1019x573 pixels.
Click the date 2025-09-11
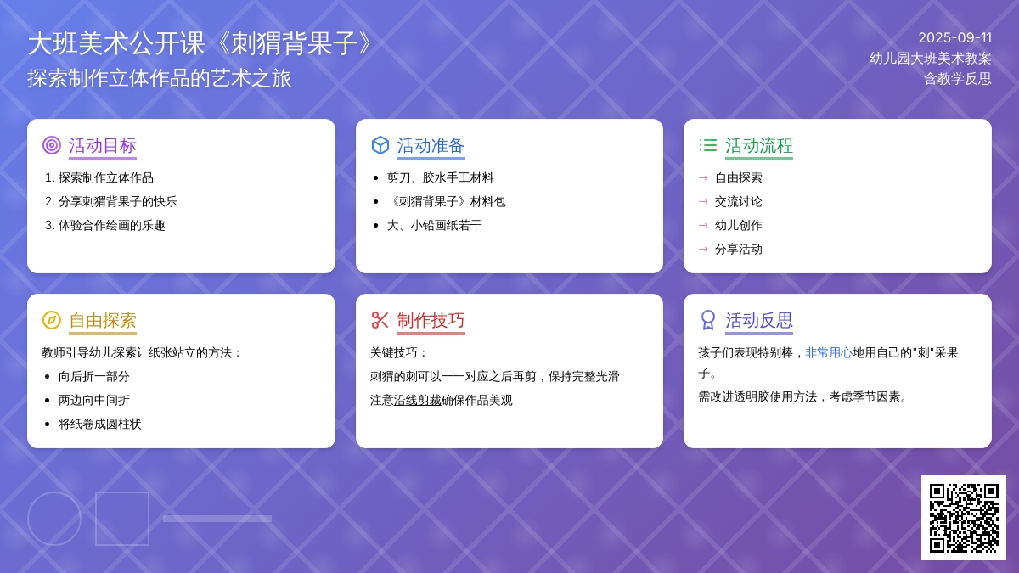tap(954, 37)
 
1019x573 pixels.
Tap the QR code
tap(964, 518)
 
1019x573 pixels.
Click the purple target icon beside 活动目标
tap(52, 145)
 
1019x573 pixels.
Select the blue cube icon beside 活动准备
tap(380, 145)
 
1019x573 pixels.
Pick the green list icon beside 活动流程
tap(708, 145)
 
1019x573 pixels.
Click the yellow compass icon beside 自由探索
tap(52, 320)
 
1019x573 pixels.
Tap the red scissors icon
tap(380, 320)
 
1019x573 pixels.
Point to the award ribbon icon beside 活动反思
tap(708, 320)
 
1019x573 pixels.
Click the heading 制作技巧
tap(431, 320)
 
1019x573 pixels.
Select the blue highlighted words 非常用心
tap(829, 353)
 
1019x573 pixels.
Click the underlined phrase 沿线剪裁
tap(417, 400)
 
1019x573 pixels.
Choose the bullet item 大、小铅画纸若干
tap(435, 226)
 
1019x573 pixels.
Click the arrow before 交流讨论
tap(703, 202)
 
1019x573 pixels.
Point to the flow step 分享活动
tap(738, 250)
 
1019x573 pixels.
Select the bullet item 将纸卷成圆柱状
tap(99, 424)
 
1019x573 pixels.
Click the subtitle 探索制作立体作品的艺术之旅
tap(160, 78)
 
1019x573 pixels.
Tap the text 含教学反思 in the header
tap(958, 79)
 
